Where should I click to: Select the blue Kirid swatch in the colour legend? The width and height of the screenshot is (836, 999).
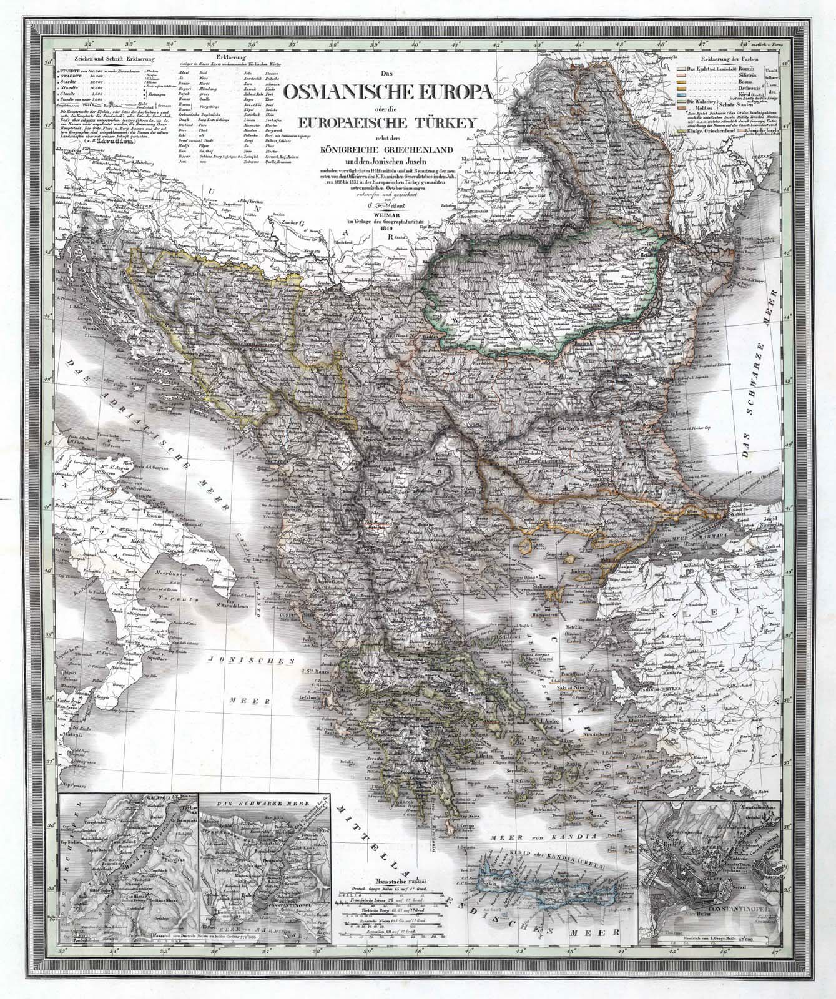(x=681, y=95)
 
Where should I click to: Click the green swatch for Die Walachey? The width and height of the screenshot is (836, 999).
(x=681, y=102)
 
